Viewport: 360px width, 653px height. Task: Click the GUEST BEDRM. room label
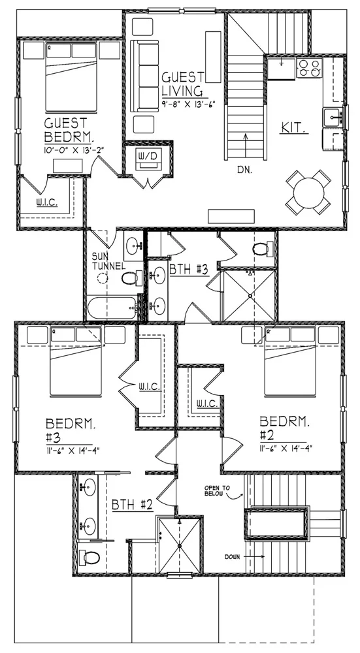tap(69, 130)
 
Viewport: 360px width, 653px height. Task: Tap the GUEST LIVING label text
tap(182, 83)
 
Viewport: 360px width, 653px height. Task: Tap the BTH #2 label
tap(132, 504)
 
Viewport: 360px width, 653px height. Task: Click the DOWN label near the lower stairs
tap(235, 557)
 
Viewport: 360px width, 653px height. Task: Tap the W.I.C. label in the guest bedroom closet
tap(46, 202)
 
